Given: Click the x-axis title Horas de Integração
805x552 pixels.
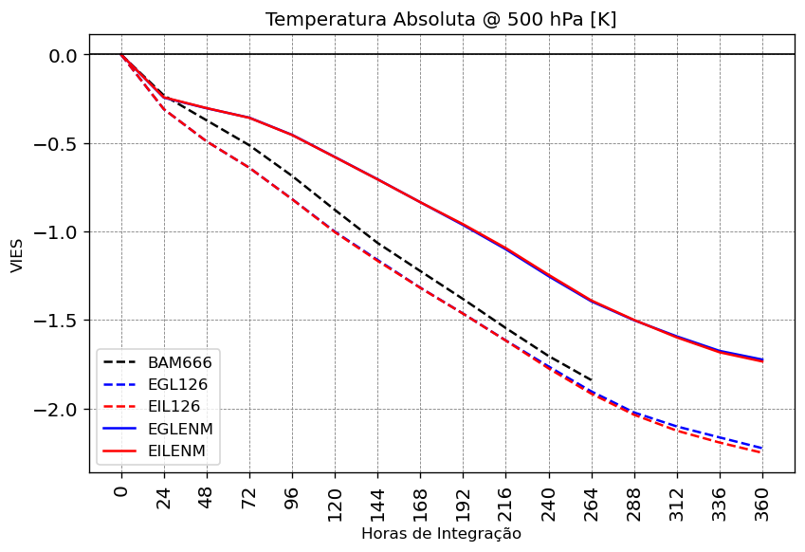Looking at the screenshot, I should [x=441, y=534].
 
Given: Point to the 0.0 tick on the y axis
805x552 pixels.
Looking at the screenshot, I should [x=62, y=56].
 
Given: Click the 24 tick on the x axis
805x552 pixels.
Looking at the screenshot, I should [x=164, y=496].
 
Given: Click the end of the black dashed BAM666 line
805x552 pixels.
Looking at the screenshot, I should [x=592, y=380].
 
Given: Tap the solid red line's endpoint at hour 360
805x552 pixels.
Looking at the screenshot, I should [x=762, y=361].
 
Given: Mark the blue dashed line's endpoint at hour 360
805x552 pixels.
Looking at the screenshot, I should [x=762, y=448].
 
